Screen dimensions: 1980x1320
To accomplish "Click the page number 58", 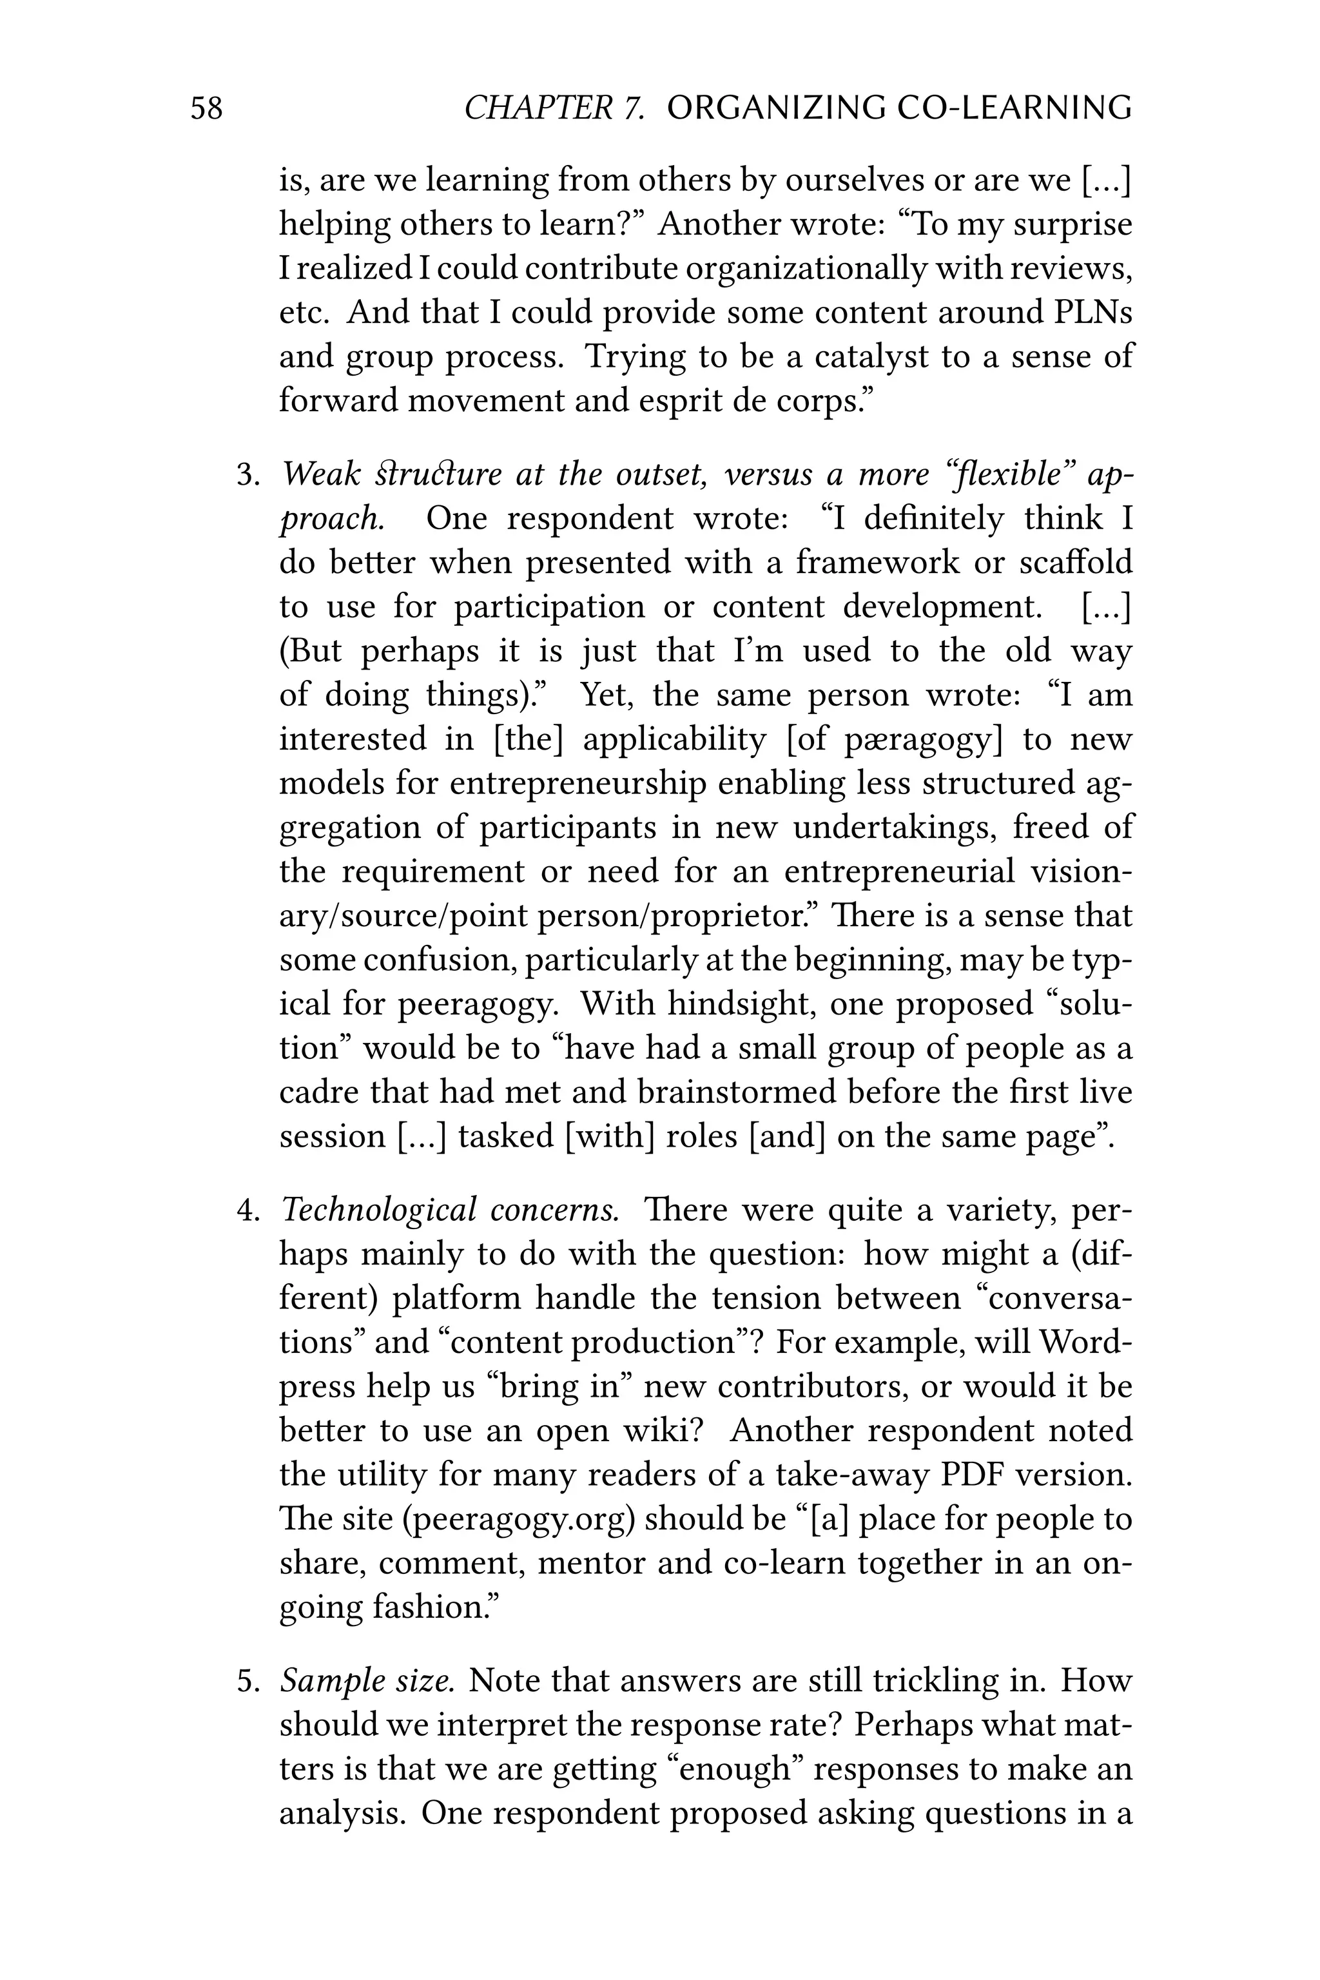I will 206,108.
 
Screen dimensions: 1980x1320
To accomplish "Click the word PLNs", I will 1092,313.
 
